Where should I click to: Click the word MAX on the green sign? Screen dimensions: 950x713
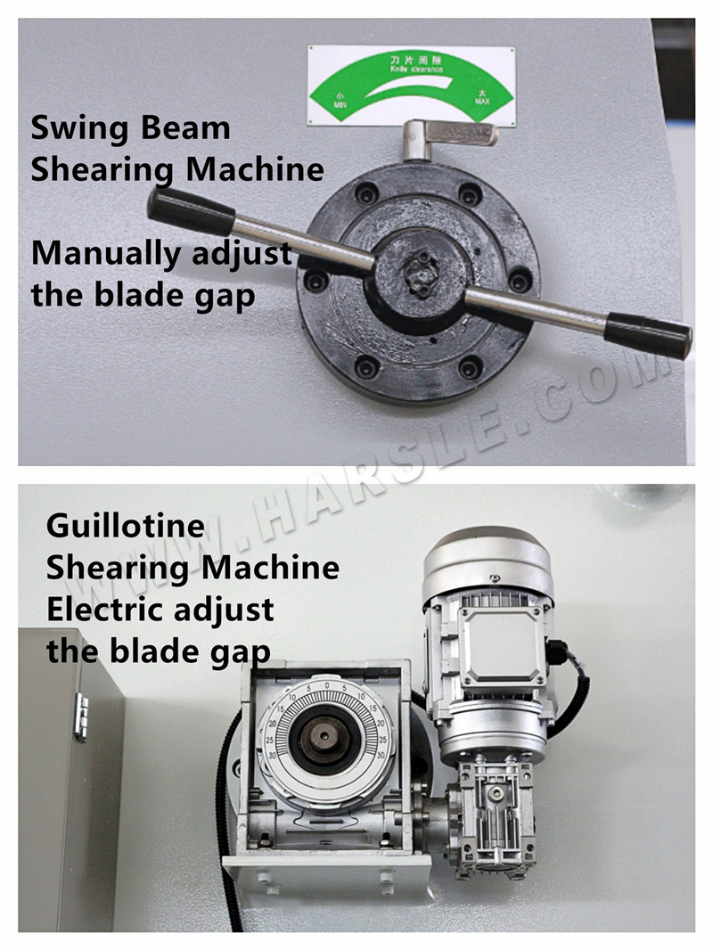(482, 102)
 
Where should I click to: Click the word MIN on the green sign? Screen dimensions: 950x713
(339, 104)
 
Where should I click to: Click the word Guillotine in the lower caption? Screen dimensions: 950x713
(125, 526)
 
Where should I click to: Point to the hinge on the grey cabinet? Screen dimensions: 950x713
(81, 717)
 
